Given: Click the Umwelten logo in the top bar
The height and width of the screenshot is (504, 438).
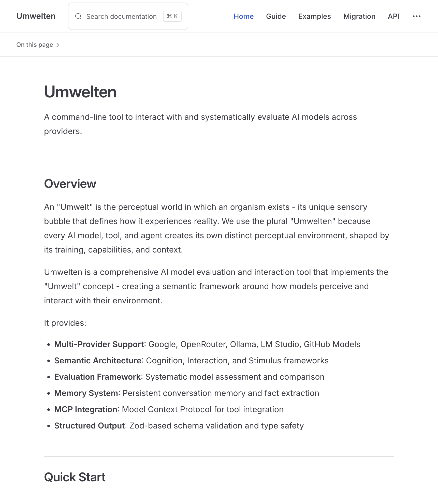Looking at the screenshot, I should pos(36,16).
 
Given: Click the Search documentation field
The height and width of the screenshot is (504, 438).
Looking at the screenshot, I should pos(121,17).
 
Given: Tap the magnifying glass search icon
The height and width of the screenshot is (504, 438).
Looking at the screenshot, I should pos(78,17).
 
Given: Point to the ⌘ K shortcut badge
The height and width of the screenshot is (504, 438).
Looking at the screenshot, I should pos(172,17).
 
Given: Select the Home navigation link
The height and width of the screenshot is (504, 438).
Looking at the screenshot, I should pos(243,17).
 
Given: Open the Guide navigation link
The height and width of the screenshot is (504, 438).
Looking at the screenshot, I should pos(276,17).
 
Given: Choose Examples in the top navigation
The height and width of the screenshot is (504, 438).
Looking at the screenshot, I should pos(314,17).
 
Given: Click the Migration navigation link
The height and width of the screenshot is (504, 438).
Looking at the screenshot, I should pos(359,17).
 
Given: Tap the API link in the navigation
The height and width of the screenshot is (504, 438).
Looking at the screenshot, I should pos(393,17).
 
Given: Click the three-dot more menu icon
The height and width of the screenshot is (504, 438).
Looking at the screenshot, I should pos(416,17).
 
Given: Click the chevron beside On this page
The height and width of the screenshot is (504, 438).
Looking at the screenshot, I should pos(58,45).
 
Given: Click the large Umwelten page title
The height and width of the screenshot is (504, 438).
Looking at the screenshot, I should pos(80,92).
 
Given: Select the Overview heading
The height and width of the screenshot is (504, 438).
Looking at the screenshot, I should pos(70,184).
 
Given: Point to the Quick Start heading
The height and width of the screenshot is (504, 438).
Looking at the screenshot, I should pos(75,477).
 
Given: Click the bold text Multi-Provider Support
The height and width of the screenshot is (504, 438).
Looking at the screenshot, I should pos(99,344).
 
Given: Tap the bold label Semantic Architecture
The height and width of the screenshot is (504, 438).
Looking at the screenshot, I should pos(98,361).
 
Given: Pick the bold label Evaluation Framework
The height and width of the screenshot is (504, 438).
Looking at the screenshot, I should pos(97,377).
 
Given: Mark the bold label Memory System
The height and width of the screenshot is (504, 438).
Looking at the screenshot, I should pos(86,393).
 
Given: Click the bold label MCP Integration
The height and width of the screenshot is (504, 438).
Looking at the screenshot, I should pos(85,409).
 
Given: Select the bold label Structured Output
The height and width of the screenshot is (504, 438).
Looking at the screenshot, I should pos(89,426).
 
